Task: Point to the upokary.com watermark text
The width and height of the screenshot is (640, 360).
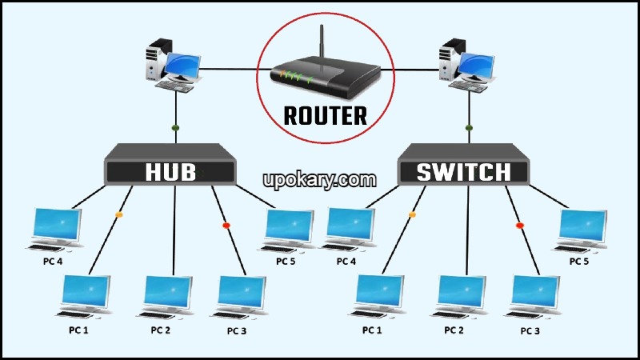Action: click(319, 179)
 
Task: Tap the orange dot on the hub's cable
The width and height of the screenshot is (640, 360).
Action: click(120, 214)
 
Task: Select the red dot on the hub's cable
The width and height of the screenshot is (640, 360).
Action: click(226, 225)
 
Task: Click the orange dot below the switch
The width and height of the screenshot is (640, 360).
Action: click(413, 214)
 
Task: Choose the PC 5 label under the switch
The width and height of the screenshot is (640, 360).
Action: click(581, 262)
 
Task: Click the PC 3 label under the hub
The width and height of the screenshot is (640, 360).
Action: click(238, 330)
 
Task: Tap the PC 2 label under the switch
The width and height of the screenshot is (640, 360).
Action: click(454, 330)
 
